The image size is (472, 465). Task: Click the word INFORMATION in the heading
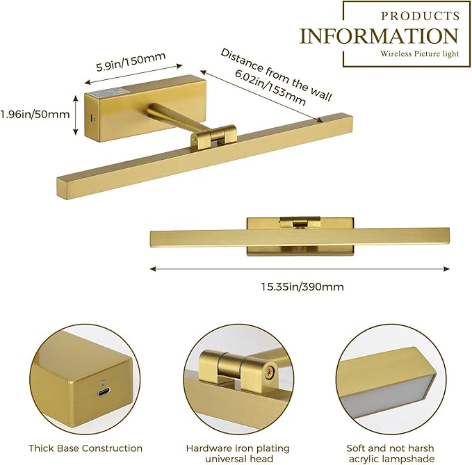tap(379, 36)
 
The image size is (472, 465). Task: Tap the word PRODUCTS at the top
tap(421, 16)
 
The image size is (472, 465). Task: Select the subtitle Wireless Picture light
tap(420, 54)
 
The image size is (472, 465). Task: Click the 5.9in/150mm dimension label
tap(131, 62)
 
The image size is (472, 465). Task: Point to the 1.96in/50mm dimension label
tap(35, 115)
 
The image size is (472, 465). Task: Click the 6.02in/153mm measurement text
tap(270, 88)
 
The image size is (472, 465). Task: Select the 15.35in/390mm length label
tap(302, 286)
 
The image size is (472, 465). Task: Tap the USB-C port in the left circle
tap(104, 392)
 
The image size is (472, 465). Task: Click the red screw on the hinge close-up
tap(270, 371)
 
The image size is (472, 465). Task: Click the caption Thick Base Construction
tap(86, 448)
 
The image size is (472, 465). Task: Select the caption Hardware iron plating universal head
tap(238, 454)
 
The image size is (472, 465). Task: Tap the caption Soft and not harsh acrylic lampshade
tap(391, 454)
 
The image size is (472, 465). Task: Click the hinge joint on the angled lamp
tap(213, 137)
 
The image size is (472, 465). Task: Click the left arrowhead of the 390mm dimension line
tap(153, 269)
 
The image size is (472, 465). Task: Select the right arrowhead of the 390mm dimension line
tap(446, 269)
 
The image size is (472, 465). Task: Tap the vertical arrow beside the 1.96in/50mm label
tap(76, 115)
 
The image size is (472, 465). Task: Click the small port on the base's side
tap(92, 119)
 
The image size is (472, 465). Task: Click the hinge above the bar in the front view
tap(299, 222)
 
